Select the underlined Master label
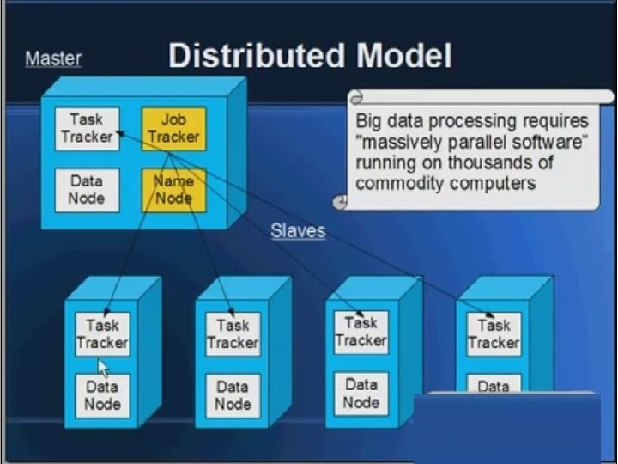pos(53,59)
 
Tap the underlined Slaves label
pos(298,230)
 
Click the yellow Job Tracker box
pos(173,128)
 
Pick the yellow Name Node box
pos(173,190)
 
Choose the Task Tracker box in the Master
pos(87,128)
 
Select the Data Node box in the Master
pos(87,190)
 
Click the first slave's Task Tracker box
pos(102,334)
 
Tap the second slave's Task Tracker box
pos(233,334)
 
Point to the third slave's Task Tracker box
pos(361,332)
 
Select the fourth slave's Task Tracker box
pos(494,334)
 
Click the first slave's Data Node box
pos(102,395)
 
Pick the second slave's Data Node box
pos(233,395)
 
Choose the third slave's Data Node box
pos(361,394)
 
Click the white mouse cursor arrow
pos(102,369)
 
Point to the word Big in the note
pos(370,121)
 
